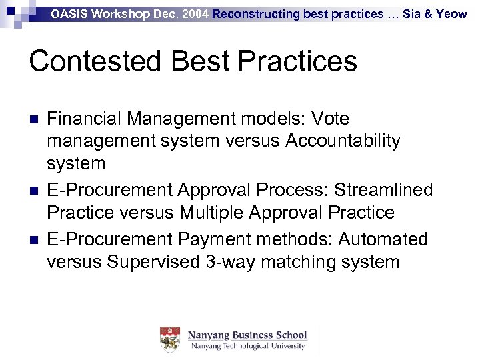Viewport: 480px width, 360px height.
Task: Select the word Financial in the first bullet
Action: click(x=84, y=119)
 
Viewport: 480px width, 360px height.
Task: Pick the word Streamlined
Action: click(x=383, y=190)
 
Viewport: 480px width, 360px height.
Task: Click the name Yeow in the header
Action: click(x=451, y=14)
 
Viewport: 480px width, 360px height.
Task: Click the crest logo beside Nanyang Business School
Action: click(x=170, y=340)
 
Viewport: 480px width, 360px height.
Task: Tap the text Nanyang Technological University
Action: click(x=247, y=347)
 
